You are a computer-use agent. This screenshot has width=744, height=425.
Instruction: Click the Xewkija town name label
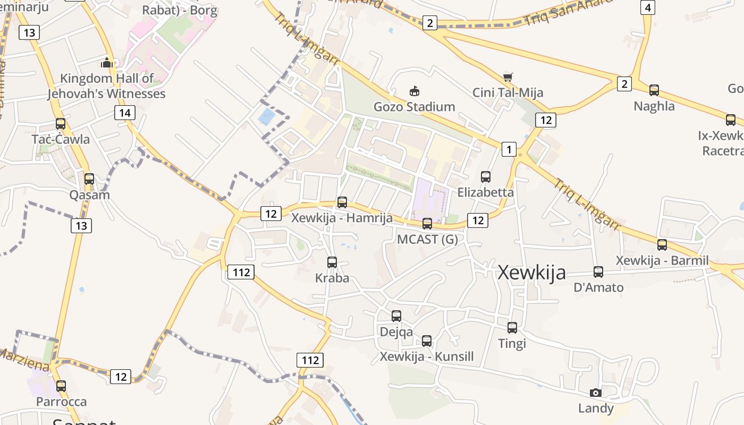pyautogui.click(x=531, y=273)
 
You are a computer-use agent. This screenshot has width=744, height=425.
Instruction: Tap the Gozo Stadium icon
pyautogui.click(x=414, y=91)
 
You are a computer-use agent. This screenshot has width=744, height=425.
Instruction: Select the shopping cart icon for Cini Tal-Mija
pyautogui.click(x=508, y=78)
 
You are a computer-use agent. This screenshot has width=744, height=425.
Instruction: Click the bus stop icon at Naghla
pyautogui.click(x=654, y=90)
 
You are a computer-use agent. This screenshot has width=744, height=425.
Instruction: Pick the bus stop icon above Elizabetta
pyautogui.click(x=485, y=176)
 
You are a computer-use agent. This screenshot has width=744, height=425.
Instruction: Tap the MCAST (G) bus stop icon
pyautogui.click(x=427, y=224)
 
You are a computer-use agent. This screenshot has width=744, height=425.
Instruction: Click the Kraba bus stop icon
pyautogui.click(x=332, y=262)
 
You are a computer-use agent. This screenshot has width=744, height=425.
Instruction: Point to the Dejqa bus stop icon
pyautogui.click(x=396, y=316)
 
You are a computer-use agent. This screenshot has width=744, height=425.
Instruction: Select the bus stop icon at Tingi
pyautogui.click(x=512, y=328)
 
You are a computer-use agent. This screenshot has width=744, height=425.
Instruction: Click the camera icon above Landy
pyautogui.click(x=596, y=393)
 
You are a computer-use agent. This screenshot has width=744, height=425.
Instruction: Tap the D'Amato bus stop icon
pyautogui.click(x=598, y=272)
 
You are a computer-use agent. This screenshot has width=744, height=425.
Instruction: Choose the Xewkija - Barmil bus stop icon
pyautogui.click(x=662, y=245)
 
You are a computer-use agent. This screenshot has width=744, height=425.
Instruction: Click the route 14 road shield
pyautogui.click(x=124, y=113)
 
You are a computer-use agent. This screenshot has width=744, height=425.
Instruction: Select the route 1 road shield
pyautogui.click(x=509, y=149)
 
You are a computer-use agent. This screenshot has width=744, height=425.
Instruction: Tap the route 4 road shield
pyautogui.click(x=647, y=7)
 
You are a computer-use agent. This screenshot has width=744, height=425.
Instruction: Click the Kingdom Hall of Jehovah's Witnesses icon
pyautogui.click(x=107, y=63)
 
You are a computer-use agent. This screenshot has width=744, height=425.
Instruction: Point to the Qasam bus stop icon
pyautogui.click(x=89, y=179)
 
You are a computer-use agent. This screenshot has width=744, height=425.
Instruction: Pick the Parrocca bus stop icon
pyautogui.click(x=61, y=386)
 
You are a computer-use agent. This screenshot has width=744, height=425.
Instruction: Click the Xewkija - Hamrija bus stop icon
pyautogui.click(x=342, y=202)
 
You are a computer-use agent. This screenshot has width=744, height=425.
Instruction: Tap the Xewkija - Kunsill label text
pyautogui.click(x=426, y=356)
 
